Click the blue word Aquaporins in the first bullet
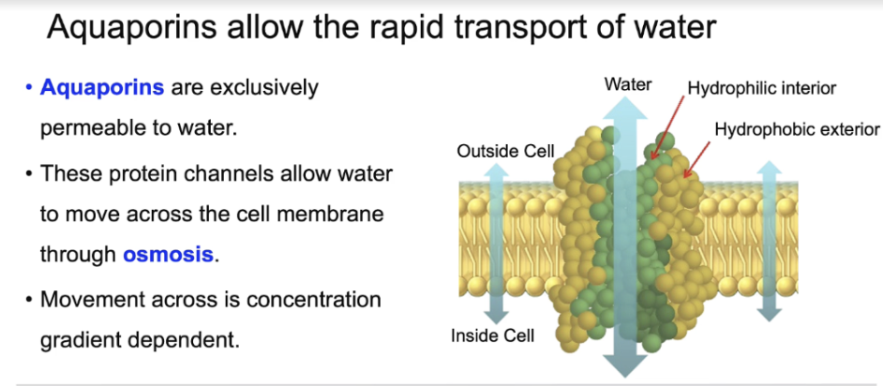tap(102, 89)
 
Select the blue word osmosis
tap(169, 254)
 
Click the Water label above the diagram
tap(628, 84)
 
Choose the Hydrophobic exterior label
tap(797, 129)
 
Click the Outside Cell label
tap(505, 151)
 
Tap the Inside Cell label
tap(492, 335)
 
